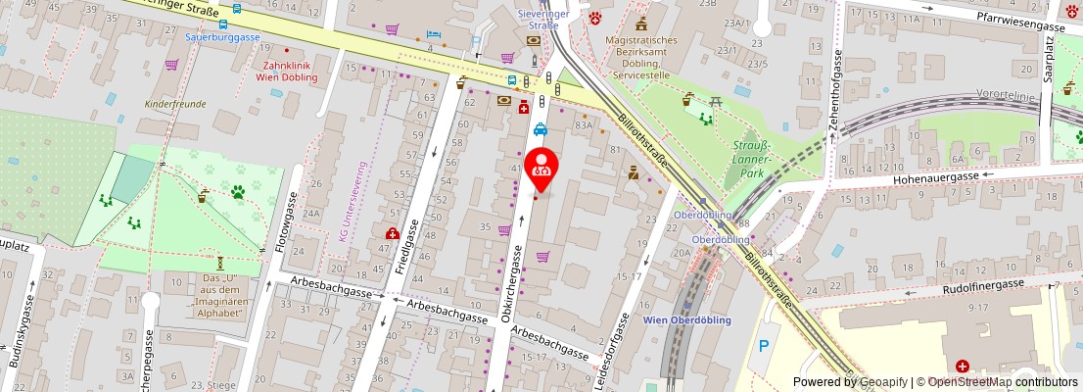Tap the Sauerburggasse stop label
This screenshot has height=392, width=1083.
coord(222,36)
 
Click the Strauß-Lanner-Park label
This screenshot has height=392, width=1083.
coord(751,159)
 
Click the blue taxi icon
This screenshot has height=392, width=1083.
coord(540,128)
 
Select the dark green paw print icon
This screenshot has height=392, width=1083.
coord(237,192)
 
